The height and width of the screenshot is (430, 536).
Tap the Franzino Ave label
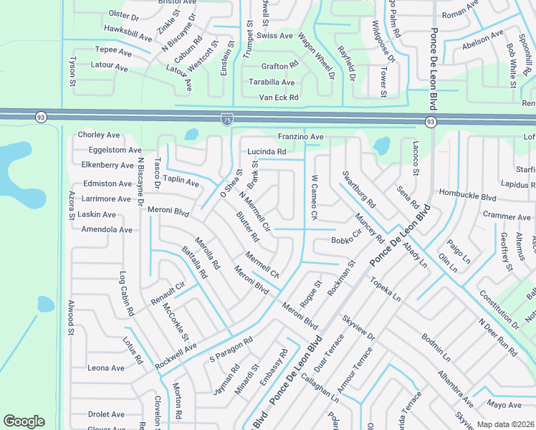(301, 137)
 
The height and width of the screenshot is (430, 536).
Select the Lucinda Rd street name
(267, 152)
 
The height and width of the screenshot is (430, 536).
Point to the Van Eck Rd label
(278, 97)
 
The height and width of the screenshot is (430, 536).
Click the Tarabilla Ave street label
(267, 82)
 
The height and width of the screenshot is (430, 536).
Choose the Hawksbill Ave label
(128, 33)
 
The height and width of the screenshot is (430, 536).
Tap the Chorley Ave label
(99, 135)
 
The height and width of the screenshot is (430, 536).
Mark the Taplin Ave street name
(181, 182)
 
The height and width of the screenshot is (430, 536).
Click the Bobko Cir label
(347, 242)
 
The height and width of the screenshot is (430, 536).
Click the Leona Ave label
(106, 368)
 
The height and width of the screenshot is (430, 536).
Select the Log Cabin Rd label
(126, 304)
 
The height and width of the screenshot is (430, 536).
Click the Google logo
(24, 421)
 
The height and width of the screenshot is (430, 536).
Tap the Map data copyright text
(505, 424)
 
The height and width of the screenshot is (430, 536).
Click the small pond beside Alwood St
(46, 304)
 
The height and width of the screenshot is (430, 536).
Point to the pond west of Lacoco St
(381, 146)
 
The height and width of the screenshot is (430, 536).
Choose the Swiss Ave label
(275, 36)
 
